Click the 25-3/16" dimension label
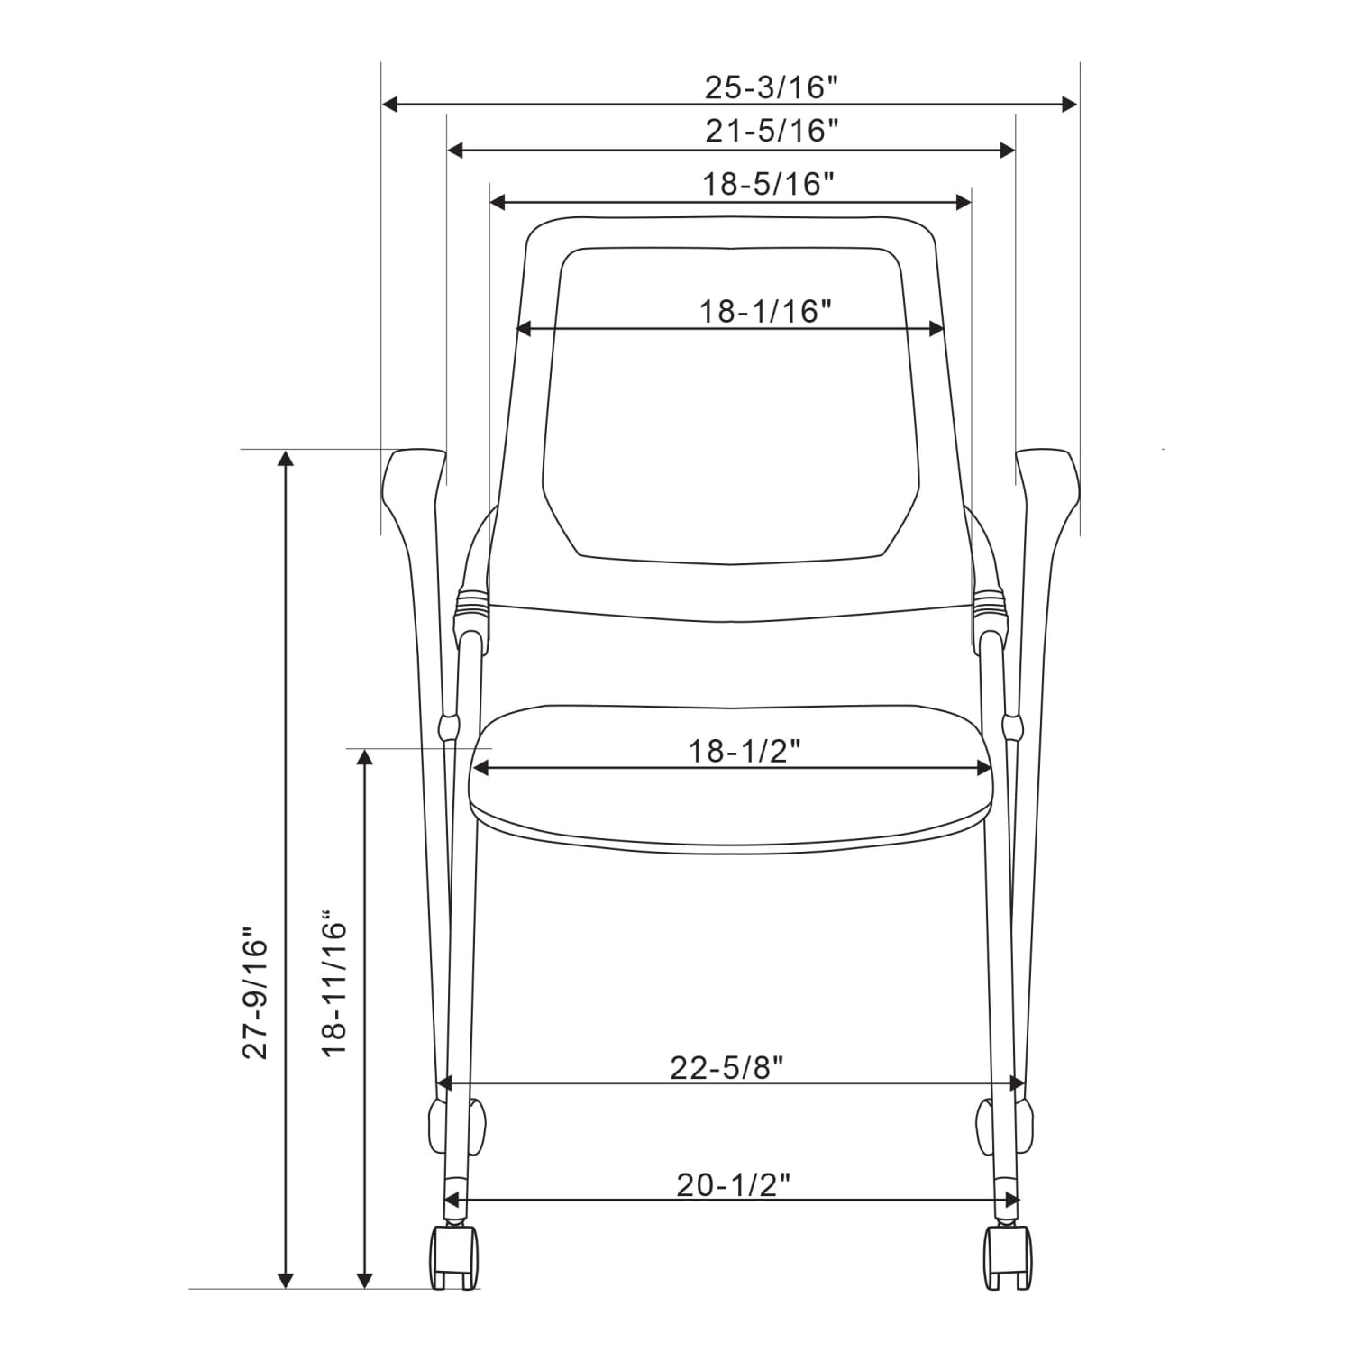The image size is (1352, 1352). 772,87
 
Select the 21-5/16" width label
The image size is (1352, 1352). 772,132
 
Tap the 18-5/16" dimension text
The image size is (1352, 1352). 769,184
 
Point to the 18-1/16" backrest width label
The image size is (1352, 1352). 765,311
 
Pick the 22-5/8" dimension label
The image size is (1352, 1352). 727,1067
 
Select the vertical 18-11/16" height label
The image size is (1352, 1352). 334,989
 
